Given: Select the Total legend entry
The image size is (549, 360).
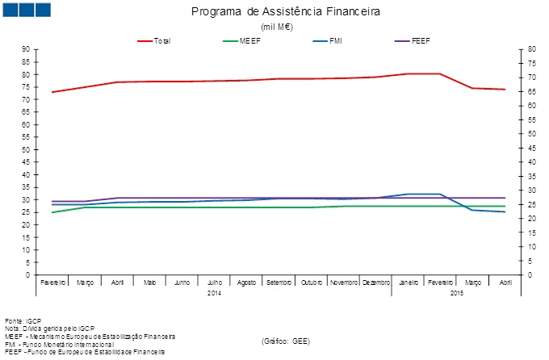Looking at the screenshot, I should pyautogui.click(x=161, y=40).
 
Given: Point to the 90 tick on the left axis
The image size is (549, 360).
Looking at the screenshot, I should pyautogui.click(x=27, y=49).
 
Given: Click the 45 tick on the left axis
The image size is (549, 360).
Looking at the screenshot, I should pyautogui.click(x=27, y=162).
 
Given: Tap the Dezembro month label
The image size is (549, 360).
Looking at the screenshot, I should pyautogui.click(x=375, y=283).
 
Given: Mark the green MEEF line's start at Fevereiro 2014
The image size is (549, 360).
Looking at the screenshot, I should pyautogui.click(x=52, y=212).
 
